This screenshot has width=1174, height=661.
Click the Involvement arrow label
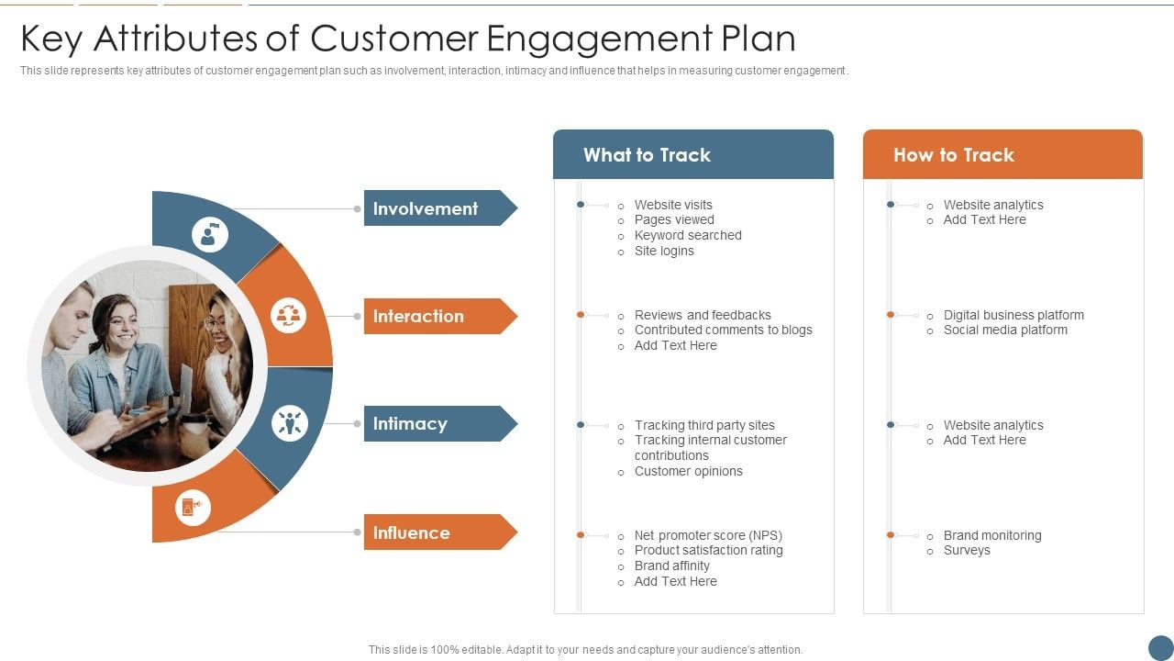coord(431,208)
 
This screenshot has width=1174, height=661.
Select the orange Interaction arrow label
coord(431,316)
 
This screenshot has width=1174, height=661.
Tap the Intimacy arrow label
coord(431,423)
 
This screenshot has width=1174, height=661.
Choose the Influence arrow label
coord(431,532)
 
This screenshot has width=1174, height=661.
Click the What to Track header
coord(648,155)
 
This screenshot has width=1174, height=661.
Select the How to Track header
coord(954,155)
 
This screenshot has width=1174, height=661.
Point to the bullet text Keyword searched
coord(688,235)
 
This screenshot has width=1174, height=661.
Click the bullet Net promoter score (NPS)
coord(708,535)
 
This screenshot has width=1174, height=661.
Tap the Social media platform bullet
coord(1005,330)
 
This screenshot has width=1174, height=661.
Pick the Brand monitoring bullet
coord(992,535)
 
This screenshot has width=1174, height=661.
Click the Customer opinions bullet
coord(689,471)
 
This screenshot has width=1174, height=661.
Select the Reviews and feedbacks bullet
coord(703,315)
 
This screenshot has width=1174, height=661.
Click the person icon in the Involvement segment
coord(209,235)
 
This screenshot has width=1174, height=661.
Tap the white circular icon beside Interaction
coord(289,316)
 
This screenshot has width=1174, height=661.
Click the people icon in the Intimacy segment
coord(290,423)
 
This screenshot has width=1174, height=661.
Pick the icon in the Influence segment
coord(193,508)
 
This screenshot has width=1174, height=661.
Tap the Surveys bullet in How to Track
coord(967,550)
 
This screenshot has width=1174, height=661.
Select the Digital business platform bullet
coord(1013,315)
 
